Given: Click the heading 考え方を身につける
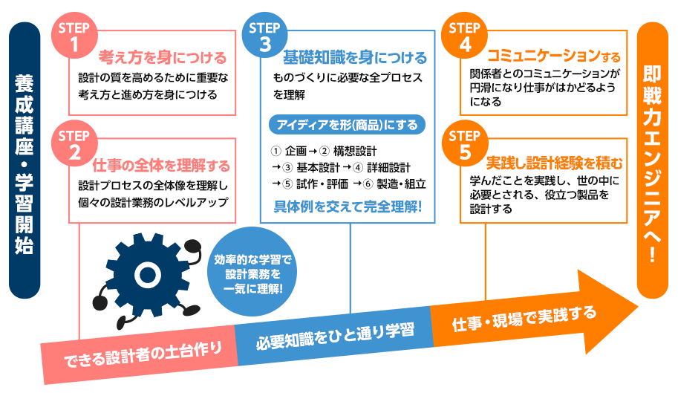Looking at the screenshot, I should coord(162,57).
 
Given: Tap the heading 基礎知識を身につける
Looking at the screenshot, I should coord(354,57).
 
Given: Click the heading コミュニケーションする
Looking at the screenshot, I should coord(552,56).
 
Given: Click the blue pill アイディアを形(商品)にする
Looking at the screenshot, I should coord(348,123).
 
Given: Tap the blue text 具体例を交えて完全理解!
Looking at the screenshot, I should coord(348,206).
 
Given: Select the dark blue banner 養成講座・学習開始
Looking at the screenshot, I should coord(24,157).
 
